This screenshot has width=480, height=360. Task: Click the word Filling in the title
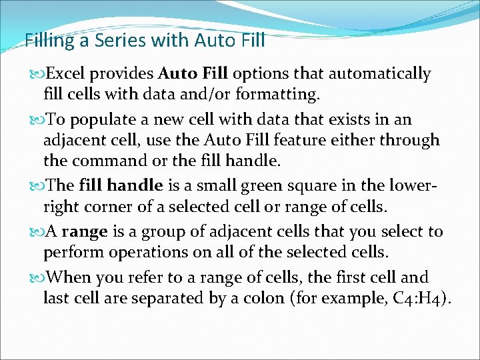(47, 41)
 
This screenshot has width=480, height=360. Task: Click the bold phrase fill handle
(120, 185)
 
